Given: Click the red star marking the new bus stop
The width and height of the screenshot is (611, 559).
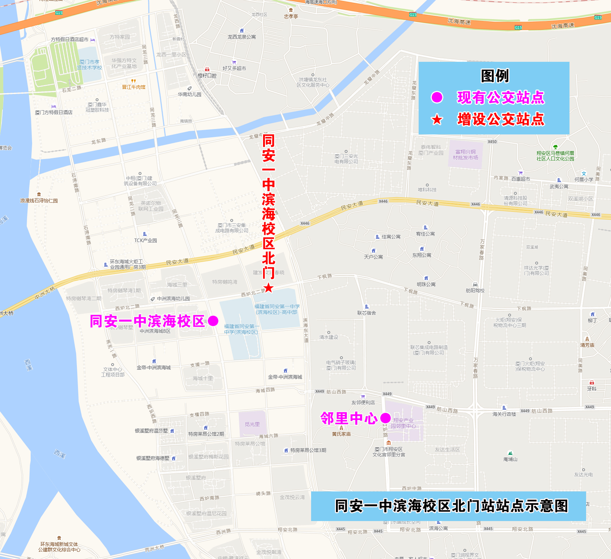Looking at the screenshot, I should point(269,288).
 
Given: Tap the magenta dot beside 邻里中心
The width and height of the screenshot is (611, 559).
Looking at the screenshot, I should point(385,418).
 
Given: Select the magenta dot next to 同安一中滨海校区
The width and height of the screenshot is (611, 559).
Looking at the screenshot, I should point(213,321).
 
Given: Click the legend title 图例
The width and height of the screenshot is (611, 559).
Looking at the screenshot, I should point(494,76).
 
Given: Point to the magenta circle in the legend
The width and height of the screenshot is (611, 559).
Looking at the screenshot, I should point(437,97).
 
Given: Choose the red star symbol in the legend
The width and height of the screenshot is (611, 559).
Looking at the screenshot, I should point(437,119).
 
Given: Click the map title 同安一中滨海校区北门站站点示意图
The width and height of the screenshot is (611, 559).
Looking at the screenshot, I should point(451,506).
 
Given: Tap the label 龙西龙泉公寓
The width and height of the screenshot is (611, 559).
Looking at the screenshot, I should point(241,37).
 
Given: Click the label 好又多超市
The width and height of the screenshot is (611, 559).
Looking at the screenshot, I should point(234,68).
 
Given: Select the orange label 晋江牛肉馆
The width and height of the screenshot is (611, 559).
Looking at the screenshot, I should point(134,87).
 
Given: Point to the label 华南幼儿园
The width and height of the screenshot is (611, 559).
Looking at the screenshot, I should point(189,94).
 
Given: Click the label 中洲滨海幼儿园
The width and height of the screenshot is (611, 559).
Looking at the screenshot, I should point(173,299).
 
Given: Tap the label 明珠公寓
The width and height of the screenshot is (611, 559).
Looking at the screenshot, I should point(426,284).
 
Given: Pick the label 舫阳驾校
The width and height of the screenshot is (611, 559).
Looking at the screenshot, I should point(475,291).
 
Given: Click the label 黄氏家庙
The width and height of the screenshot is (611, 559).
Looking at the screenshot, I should point(341,434).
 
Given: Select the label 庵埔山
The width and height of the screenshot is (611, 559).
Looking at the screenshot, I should point(510,459).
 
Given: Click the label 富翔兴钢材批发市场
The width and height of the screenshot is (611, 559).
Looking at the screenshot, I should point(465,155).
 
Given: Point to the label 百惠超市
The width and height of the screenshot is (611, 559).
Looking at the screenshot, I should point(520,179).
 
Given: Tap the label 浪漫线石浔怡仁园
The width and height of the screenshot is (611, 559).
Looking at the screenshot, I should point(39,201).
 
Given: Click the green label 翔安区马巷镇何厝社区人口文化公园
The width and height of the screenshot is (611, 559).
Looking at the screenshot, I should point(555,156).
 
